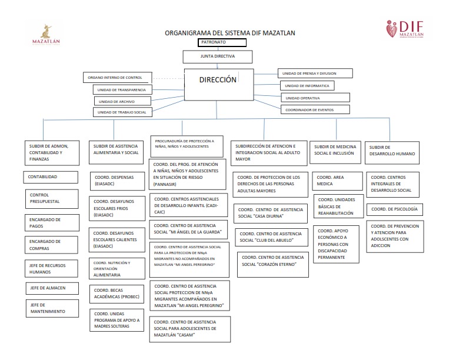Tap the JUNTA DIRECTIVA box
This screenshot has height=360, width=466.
[218, 57]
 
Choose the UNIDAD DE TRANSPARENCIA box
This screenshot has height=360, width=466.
[122, 89]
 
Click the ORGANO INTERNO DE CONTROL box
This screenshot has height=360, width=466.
[116, 78]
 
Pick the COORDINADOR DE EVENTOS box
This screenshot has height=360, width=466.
[315, 109]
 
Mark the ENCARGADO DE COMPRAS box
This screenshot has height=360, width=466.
[52, 245]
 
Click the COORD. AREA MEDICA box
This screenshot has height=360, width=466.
[338, 181]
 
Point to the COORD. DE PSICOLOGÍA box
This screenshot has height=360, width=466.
[394, 209]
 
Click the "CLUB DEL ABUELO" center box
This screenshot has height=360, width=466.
[272, 237]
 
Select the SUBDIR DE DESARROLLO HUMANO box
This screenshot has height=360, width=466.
[392, 153]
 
